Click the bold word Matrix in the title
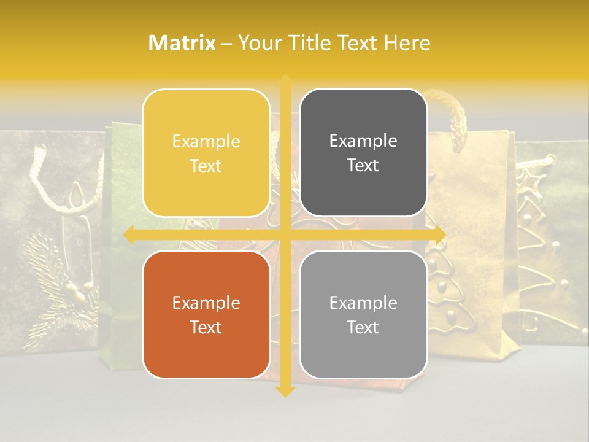click(x=182, y=43)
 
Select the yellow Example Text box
click(x=206, y=153)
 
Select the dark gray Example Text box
click(x=363, y=153)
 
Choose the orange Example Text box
click(x=206, y=314)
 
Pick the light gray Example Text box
click(x=363, y=314)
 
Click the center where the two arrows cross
click(x=285, y=234)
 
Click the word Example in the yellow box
click(x=206, y=141)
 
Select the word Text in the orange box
click(x=206, y=327)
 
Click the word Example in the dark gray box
click(x=363, y=141)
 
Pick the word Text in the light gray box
click(x=363, y=327)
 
